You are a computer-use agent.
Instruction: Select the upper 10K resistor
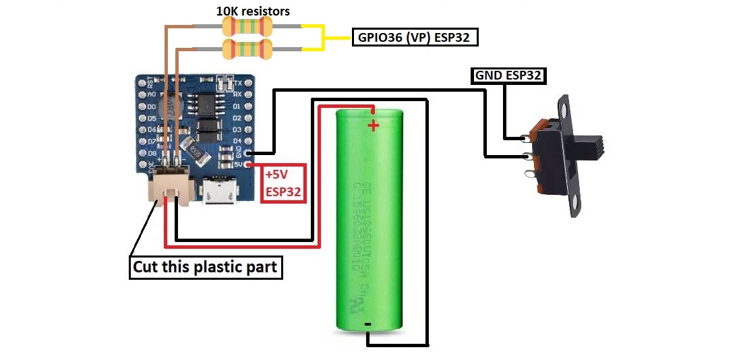[x=247, y=27]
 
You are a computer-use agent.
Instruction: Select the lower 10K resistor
[x=247, y=48]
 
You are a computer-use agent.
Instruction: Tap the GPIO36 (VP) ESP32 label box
[x=415, y=38]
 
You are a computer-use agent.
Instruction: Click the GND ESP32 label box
[x=508, y=76]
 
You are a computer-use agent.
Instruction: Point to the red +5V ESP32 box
[x=283, y=183]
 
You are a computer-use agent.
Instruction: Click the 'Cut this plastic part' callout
[x=205, y=267]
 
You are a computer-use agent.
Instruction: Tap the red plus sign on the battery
[x=373, y=125]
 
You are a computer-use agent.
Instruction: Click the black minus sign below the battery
[x=368, y=325]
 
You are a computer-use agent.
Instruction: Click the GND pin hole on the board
[x=249, y=152]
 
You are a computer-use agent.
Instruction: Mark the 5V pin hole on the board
[x=249, y=164]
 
